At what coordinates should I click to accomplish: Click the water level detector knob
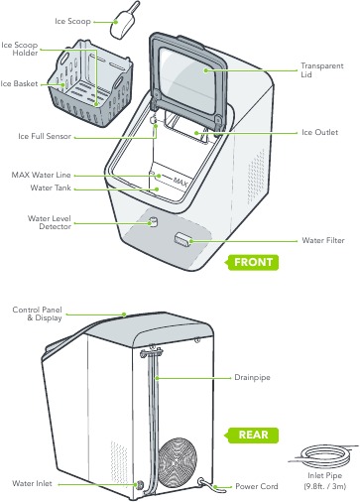[153, 222]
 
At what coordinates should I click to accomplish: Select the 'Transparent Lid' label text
[321, 70]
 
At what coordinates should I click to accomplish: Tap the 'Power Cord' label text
[255, 486]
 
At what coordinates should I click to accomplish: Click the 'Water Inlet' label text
[33, 483]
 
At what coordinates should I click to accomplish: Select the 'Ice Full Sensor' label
[45, 136]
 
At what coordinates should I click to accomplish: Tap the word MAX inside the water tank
[179, 183]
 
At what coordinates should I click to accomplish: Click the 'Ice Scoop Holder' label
[20, 49]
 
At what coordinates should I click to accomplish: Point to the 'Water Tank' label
[50, 187]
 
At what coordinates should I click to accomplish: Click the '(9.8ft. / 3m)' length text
[326, 487]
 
